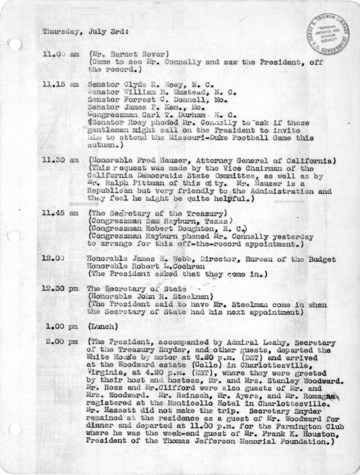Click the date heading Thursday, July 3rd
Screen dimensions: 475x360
tap(84, 32)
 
